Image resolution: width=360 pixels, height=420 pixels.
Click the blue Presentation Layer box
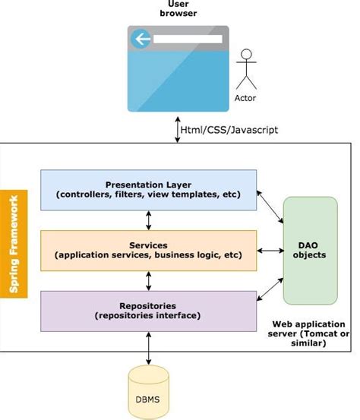148,189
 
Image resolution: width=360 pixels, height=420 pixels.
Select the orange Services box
148,250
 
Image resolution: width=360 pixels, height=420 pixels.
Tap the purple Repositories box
148,310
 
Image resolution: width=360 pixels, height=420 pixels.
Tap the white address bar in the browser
187,39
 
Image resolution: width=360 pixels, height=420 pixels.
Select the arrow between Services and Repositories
149,280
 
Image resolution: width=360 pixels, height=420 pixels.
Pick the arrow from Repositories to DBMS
149,349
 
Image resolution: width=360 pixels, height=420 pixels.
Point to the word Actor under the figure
245,98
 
